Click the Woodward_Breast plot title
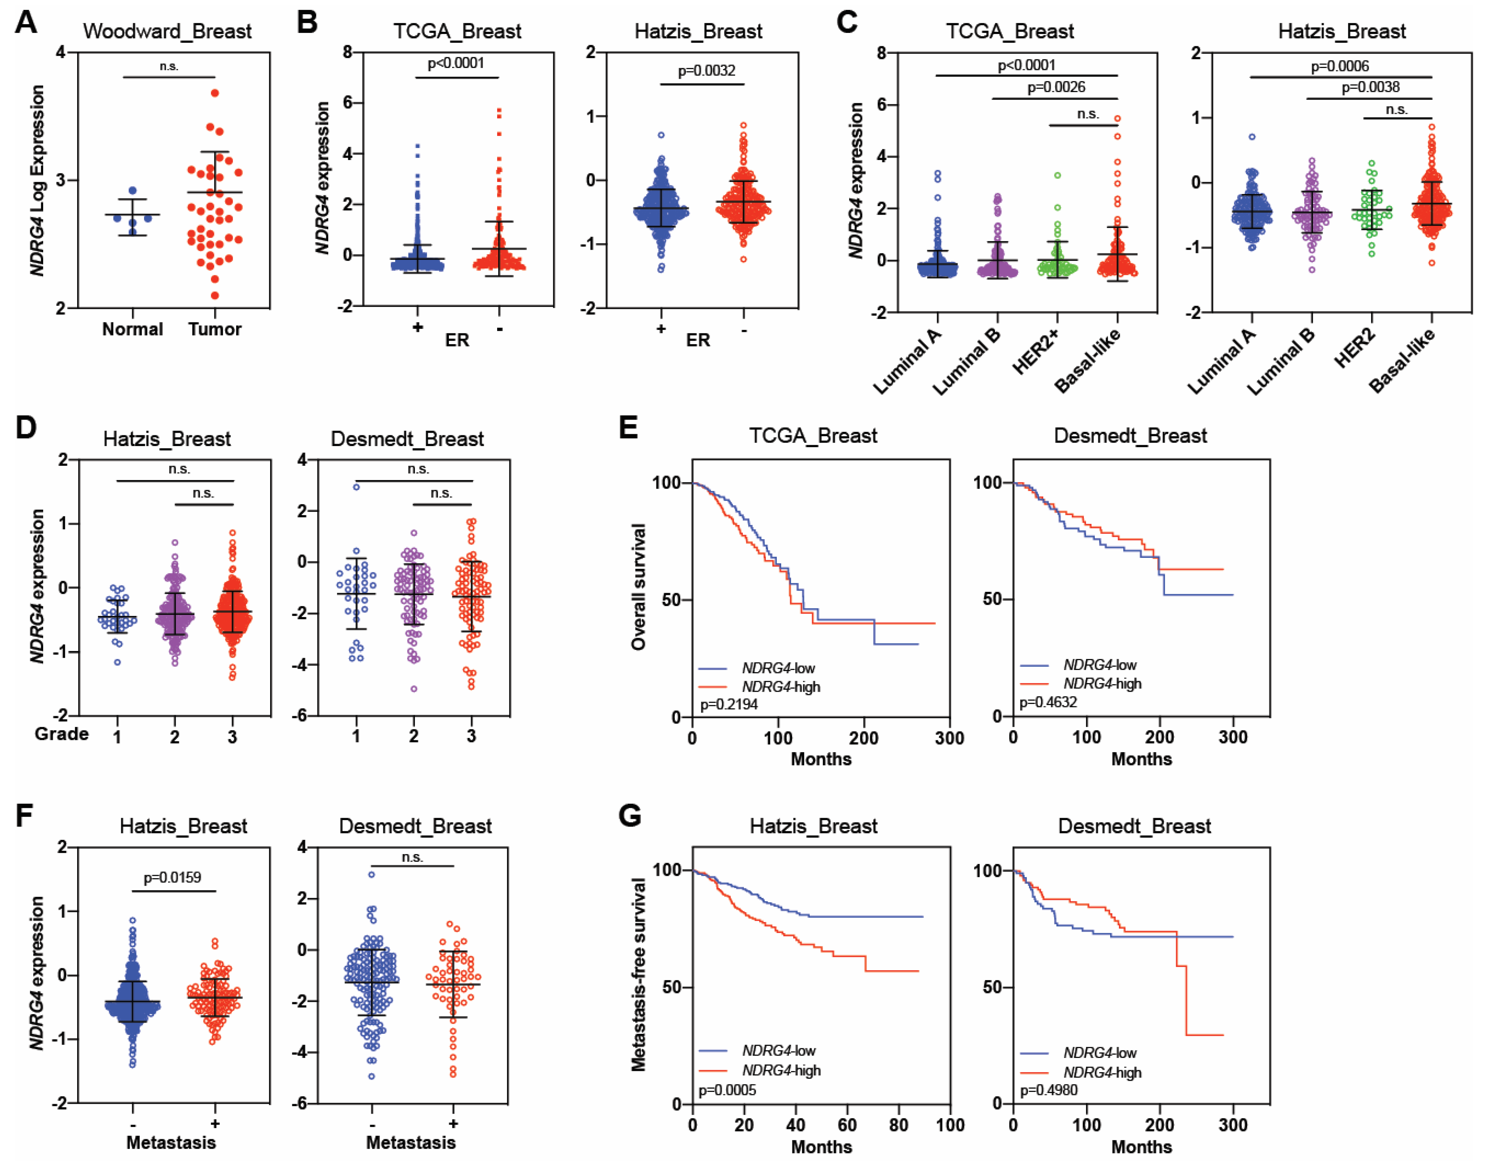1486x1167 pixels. tap(168, 32)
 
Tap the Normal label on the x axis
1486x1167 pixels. tap(133, 329)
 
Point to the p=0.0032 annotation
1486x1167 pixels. tap(706, 70)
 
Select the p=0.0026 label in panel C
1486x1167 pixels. tap(1056, 87)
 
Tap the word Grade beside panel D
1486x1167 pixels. tap(62, 734)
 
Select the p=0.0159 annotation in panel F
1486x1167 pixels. tap(172, 877)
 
